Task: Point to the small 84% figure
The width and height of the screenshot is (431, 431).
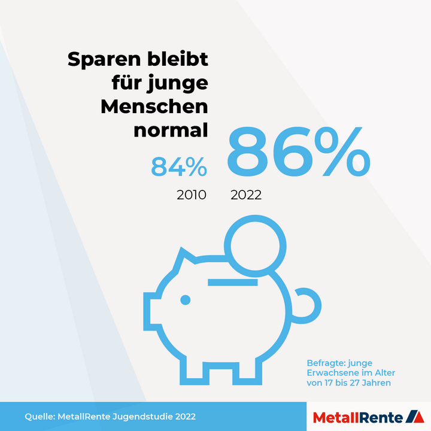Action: [x=178, y=167]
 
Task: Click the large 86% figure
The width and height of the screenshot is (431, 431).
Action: [x=298, y=153]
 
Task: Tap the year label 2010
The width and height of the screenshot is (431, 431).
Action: [x=191, y=195]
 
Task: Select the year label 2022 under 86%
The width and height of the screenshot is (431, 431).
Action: [x=246, y=195]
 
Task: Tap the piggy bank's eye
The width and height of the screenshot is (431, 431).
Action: [x=186, y=299]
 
